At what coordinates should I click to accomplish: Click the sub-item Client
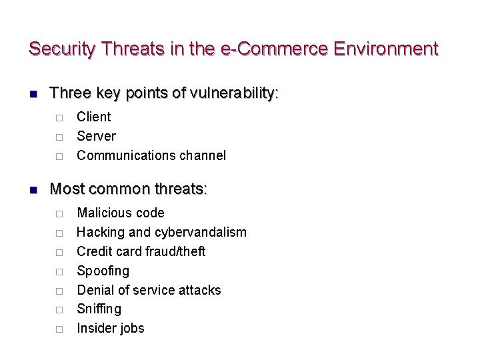pos(94,117)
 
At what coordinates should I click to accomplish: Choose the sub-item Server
pos(96,136)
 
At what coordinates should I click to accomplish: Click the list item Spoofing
pos(103,271)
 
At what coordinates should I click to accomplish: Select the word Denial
pos(95,290)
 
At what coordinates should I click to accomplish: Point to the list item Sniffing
pos(99,309)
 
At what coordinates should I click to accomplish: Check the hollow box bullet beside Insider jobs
pos(59,329)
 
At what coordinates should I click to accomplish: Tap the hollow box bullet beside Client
pos(59,117)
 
